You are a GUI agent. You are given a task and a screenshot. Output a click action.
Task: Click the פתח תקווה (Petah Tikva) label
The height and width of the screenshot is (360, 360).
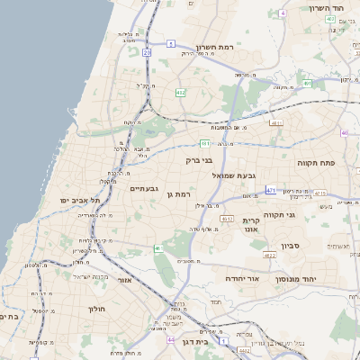(x=315, y=163)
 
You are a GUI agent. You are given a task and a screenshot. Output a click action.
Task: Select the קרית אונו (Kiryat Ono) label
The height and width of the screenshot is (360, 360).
(x=251, y=225)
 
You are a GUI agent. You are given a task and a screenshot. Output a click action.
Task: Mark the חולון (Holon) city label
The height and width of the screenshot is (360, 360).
(x=96, y=310)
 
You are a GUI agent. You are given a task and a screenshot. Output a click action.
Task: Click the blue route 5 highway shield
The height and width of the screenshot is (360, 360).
(x=171, y=43)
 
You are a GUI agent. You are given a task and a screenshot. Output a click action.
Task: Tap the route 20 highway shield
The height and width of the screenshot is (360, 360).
(x=147, y=53)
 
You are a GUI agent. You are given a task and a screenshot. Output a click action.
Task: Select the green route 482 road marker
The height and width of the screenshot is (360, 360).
(x=181, y=92)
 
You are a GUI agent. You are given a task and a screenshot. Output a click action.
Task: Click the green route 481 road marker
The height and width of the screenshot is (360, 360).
(x=205, y=143)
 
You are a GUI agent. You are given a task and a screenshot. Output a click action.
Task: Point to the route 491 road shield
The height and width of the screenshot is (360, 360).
(x=308, y=84)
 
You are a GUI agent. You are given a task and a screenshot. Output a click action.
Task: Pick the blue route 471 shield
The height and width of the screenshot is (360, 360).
(x=271, y=191)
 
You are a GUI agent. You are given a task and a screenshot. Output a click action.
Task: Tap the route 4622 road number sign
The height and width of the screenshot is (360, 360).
(x=269, y=256)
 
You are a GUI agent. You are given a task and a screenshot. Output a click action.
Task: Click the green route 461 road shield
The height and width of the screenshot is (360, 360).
(x=159, y=247)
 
